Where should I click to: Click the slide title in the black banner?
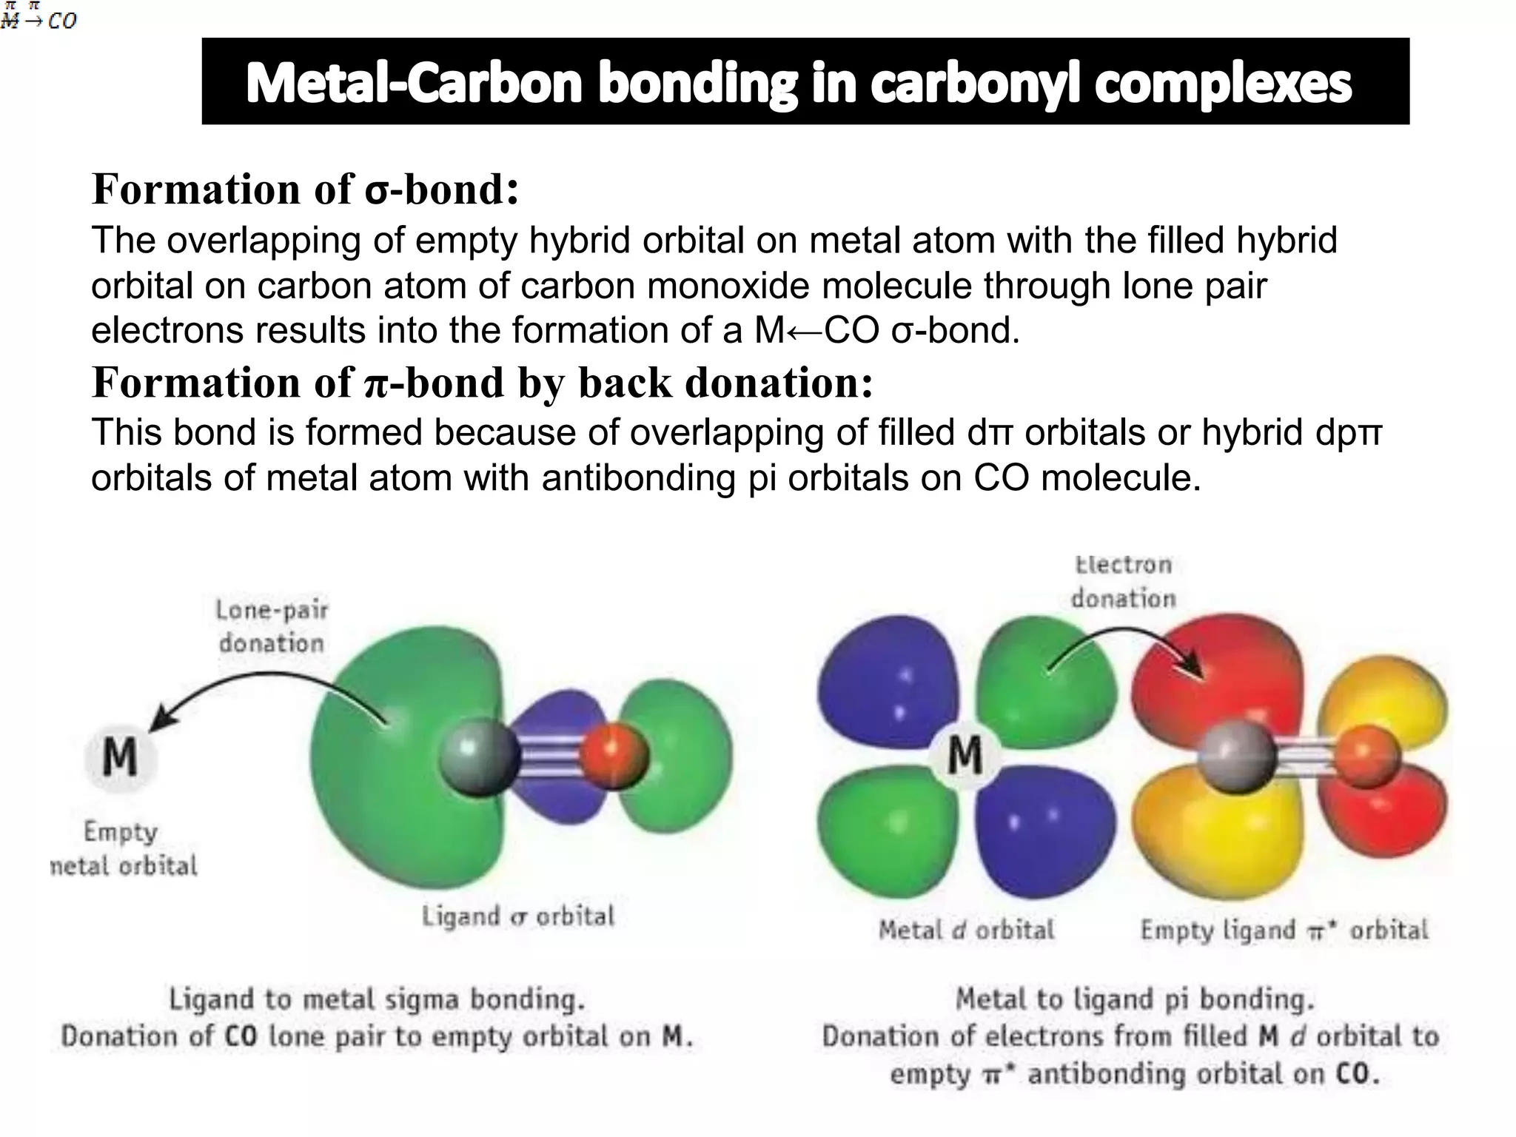799,83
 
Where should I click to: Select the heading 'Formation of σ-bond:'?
305,189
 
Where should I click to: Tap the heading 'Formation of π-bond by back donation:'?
482,383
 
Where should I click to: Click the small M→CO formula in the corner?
38,16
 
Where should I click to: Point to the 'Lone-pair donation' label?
272,626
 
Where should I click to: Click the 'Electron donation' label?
1123,582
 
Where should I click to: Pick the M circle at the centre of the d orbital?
965,756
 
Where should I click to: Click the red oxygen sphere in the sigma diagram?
614,755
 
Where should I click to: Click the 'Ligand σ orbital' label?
518,916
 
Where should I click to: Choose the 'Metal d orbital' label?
966,930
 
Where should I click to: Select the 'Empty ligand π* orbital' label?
1284,930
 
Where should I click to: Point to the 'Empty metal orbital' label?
123,848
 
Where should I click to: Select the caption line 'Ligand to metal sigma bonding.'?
377,999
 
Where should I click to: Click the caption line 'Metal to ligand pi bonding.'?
1135,999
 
